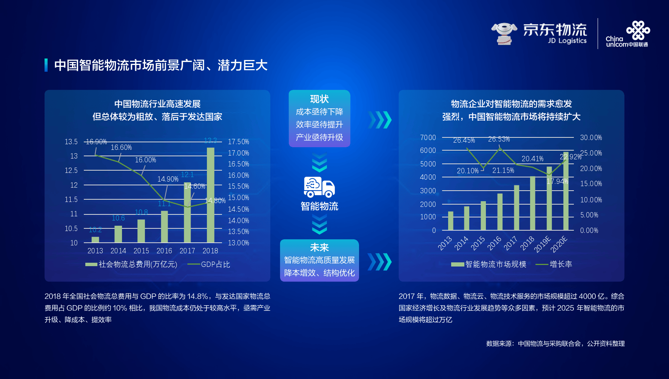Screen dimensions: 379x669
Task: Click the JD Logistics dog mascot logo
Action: tap(504, 33)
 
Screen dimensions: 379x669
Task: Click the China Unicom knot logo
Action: tap(638, 30)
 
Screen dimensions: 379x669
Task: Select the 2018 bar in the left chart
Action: tap(210, 195)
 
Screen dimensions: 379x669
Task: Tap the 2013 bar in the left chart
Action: tap(95, 240)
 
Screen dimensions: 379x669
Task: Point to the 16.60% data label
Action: tap(121, 148)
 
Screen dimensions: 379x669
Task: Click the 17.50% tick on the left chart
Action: tap(238, 142)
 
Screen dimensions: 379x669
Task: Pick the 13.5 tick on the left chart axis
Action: tap(71, 142)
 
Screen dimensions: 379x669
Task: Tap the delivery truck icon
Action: tap(319, 187)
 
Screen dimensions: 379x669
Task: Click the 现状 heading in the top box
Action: tap(319, 99)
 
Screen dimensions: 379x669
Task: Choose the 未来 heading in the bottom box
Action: tap(319, 248)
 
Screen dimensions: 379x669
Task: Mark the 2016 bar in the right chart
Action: tap(500, 212)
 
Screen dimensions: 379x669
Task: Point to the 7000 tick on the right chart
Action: tap(428, 138)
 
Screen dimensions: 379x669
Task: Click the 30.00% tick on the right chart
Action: tap(591, 138)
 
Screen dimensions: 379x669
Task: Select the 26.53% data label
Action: tap(499, 139)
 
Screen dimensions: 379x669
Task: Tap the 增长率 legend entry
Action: tap(561, 264)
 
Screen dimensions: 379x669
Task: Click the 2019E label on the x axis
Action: tap(543, 244)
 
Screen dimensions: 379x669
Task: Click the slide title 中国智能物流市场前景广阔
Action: tap(161, 65)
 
